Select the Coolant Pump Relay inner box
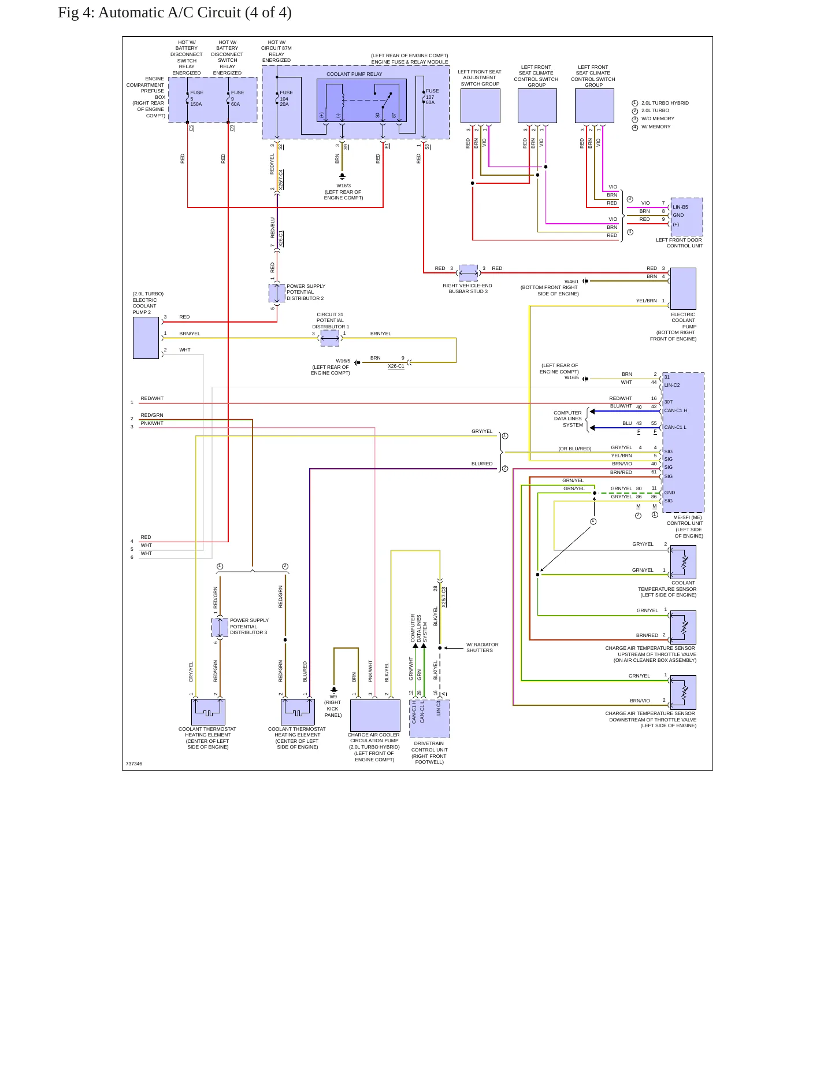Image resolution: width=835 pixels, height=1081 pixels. tap(361, 101)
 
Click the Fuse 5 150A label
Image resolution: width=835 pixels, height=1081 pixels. tap(196, 98)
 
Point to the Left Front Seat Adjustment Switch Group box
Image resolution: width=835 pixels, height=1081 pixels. tap(480, 106)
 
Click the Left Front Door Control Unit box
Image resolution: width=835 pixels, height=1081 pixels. tap(686, 217)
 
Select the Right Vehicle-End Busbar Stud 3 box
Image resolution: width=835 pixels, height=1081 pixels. tap(468, 272)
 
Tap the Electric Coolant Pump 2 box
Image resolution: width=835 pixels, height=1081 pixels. tap(146, 338)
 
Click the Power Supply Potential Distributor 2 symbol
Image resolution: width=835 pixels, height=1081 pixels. tap(277, 293)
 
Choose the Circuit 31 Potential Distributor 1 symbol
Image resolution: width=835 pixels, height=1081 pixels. tap(330, 338)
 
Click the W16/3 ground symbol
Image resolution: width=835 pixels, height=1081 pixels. tap(342, 176)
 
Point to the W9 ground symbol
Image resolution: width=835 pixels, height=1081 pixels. tap(333, 689)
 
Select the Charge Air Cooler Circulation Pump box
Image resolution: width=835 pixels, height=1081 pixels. tap(375, 716)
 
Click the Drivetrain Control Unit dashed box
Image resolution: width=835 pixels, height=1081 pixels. tap(429, 719)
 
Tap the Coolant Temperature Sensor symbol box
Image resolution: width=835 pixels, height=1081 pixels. tap(683, 562)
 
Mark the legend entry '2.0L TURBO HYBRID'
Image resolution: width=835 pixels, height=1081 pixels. tap(665, 103)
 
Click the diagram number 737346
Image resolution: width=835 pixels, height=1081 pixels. tap(133, 764)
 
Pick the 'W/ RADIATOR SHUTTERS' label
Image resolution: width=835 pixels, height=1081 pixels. tap(483, 647)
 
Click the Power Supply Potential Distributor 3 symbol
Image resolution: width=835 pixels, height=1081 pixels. tap(220, 627)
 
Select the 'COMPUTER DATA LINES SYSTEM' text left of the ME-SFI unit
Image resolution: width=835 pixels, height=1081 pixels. tap(568, 419)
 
